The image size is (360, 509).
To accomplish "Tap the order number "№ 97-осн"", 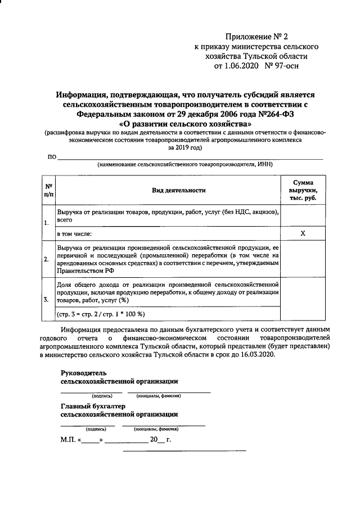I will pos(288,66).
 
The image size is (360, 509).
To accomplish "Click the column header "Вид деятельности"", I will pos(178,190).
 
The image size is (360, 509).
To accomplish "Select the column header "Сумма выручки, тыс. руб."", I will pos(302,190).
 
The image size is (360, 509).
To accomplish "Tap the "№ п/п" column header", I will pos(48,190).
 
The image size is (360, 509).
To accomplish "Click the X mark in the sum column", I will pos(302,233).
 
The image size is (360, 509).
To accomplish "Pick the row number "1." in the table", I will pos(46,223).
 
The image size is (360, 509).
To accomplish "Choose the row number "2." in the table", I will pos(46,259).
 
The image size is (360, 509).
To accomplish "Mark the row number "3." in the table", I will pos(46,299).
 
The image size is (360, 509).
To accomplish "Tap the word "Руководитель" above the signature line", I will pos(83,373).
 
